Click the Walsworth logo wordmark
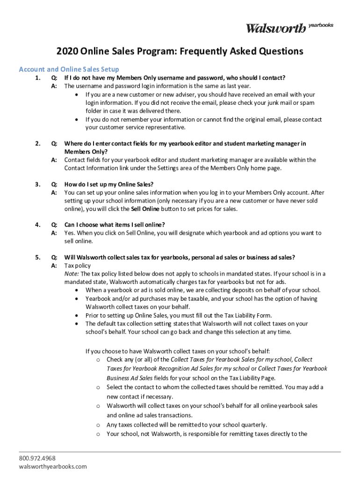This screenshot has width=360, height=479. coord(276,28)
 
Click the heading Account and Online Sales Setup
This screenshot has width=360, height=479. coord(69,69)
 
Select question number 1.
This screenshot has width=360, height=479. coord(37,78)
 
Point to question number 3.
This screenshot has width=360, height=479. coord(37,184)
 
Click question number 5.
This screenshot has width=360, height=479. coord(37,257)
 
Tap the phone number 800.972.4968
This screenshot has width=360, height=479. coord(37,458)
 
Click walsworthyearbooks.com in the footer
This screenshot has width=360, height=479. coord(53,466)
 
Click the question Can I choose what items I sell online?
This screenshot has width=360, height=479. coord(115,225)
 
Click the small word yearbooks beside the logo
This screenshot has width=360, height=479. coord(321,25)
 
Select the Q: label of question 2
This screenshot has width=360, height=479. coord(54,144)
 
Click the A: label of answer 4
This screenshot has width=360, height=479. coord(54,233)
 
